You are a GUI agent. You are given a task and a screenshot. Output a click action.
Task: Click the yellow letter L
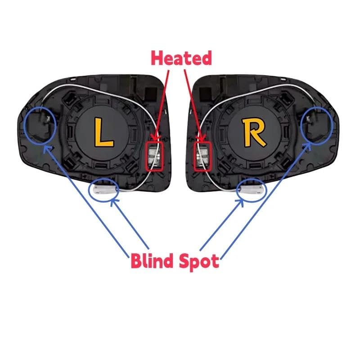click(103, 132)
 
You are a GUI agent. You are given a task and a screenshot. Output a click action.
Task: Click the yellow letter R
click(254, 132)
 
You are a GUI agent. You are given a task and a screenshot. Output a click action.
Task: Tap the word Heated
click(181, 58)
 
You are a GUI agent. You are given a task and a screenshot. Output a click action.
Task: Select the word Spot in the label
click(199, 262)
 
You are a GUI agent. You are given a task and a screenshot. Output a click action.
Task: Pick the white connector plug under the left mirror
click(104, 189)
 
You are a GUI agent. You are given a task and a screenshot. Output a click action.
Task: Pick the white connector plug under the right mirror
click(252, 189)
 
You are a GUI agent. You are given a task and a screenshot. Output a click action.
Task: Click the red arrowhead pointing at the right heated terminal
click(202, 138)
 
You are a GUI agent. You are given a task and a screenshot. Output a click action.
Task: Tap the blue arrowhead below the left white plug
click(114, 202)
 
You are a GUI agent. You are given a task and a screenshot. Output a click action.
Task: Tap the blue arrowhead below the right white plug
click(241, 202)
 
